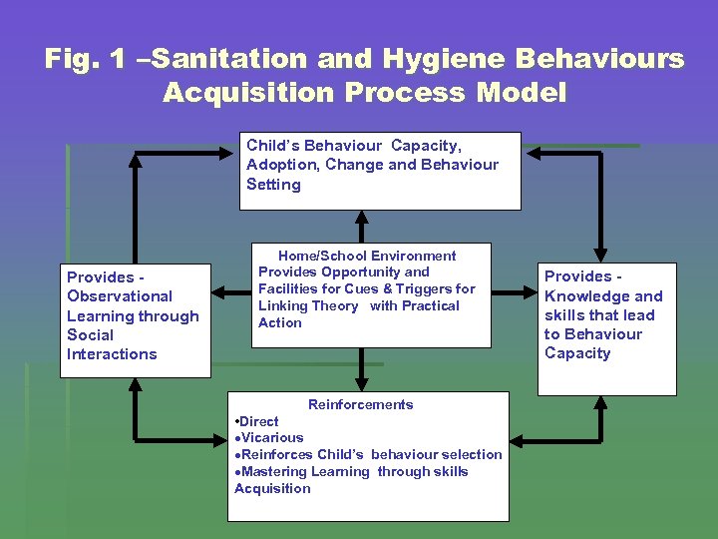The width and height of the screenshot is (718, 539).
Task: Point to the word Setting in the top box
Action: (273, 184)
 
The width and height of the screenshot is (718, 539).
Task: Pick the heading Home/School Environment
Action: (367, 256)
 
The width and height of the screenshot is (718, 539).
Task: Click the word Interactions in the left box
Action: (112, 353)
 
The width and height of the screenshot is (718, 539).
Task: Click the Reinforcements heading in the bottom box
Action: (360, 404)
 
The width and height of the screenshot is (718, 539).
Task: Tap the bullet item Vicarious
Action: (271, 437)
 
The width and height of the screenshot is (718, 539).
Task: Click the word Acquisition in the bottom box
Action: (272, 488)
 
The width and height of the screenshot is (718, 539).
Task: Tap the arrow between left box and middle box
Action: (230, 292)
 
